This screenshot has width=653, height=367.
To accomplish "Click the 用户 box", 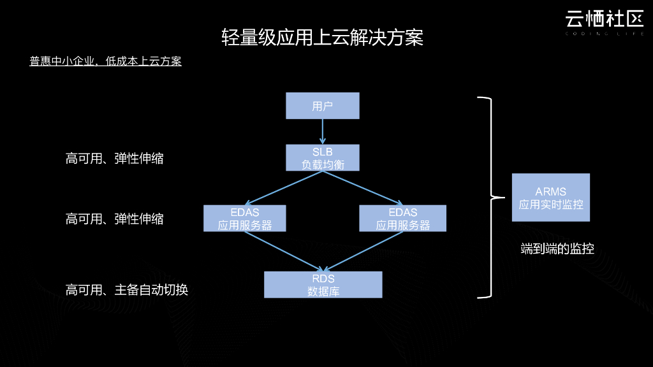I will (x=322, y=106).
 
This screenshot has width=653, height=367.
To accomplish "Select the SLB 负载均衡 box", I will (x=322, y=157).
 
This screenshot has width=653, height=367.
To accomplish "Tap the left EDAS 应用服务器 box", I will (x=245, y=218).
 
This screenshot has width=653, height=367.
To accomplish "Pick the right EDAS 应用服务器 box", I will (x=402, y=218).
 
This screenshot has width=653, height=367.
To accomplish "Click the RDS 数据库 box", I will (x=323, y=285).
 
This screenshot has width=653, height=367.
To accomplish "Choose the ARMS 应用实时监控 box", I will (x=550, y=198).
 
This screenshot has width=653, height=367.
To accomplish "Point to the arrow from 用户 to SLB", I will (x=322, y=131).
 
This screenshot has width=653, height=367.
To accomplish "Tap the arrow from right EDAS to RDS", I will (x=362, y=251).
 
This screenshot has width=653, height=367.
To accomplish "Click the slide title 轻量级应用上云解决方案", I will (x=322, y=37).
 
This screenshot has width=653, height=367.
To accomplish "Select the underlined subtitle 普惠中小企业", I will (x=105, y=61).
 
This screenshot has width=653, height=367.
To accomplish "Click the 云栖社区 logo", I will (x=603, y=20).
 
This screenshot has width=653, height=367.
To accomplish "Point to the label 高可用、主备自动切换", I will (x=126, y=290).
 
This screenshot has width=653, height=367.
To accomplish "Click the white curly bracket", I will (x=489, y=198).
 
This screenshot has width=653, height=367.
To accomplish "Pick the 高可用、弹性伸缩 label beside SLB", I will (x=114, y=158).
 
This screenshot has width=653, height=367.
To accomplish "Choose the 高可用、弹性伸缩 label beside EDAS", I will (x=114, y=219).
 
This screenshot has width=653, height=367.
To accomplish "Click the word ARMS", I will (x=550, y=191).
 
